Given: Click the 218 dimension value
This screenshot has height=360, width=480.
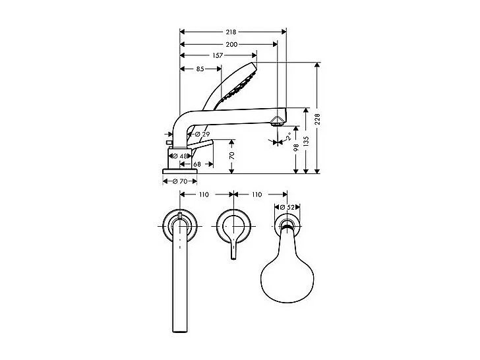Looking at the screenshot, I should [x=231, y=31].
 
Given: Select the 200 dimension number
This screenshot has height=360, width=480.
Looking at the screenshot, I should [x=231, y=44].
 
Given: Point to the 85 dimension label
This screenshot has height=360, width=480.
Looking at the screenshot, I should [x=200, y=68].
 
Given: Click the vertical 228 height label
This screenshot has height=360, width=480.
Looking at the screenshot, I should [x=317, y=119].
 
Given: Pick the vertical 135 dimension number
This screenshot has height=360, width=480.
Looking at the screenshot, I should [x=305, y=140].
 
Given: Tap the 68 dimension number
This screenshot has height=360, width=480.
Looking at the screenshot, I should [x=196, y=164].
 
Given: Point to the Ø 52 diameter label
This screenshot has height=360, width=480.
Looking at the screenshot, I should [x=285, y=208].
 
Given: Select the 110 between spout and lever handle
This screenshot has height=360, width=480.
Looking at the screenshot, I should [x=204, y=195].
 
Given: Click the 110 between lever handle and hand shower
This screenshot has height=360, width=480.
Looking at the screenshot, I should [x=256, y=195].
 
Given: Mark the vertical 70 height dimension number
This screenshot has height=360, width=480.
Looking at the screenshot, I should [x=232, y=156].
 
